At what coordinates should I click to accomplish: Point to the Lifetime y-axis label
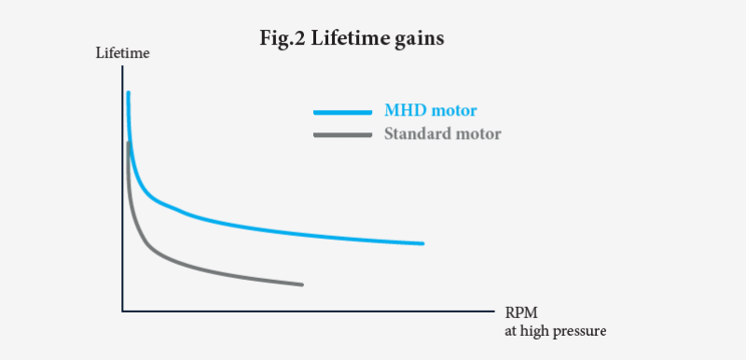click(x=123, y=52)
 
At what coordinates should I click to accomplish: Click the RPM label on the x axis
click(x=522, y=312)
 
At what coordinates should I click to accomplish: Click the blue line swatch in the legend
click(x=343, y=111)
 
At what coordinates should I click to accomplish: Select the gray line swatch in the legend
click(x=343, y=134)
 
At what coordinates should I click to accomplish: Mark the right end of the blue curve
click(x=422, y=243)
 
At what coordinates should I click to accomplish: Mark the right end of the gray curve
click(x=302, y=284)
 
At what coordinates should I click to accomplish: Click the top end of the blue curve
click(x=128, y=93)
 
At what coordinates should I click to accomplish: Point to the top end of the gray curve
click(x=127, y=144)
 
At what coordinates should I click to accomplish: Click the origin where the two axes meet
click(x=122, y=311)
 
